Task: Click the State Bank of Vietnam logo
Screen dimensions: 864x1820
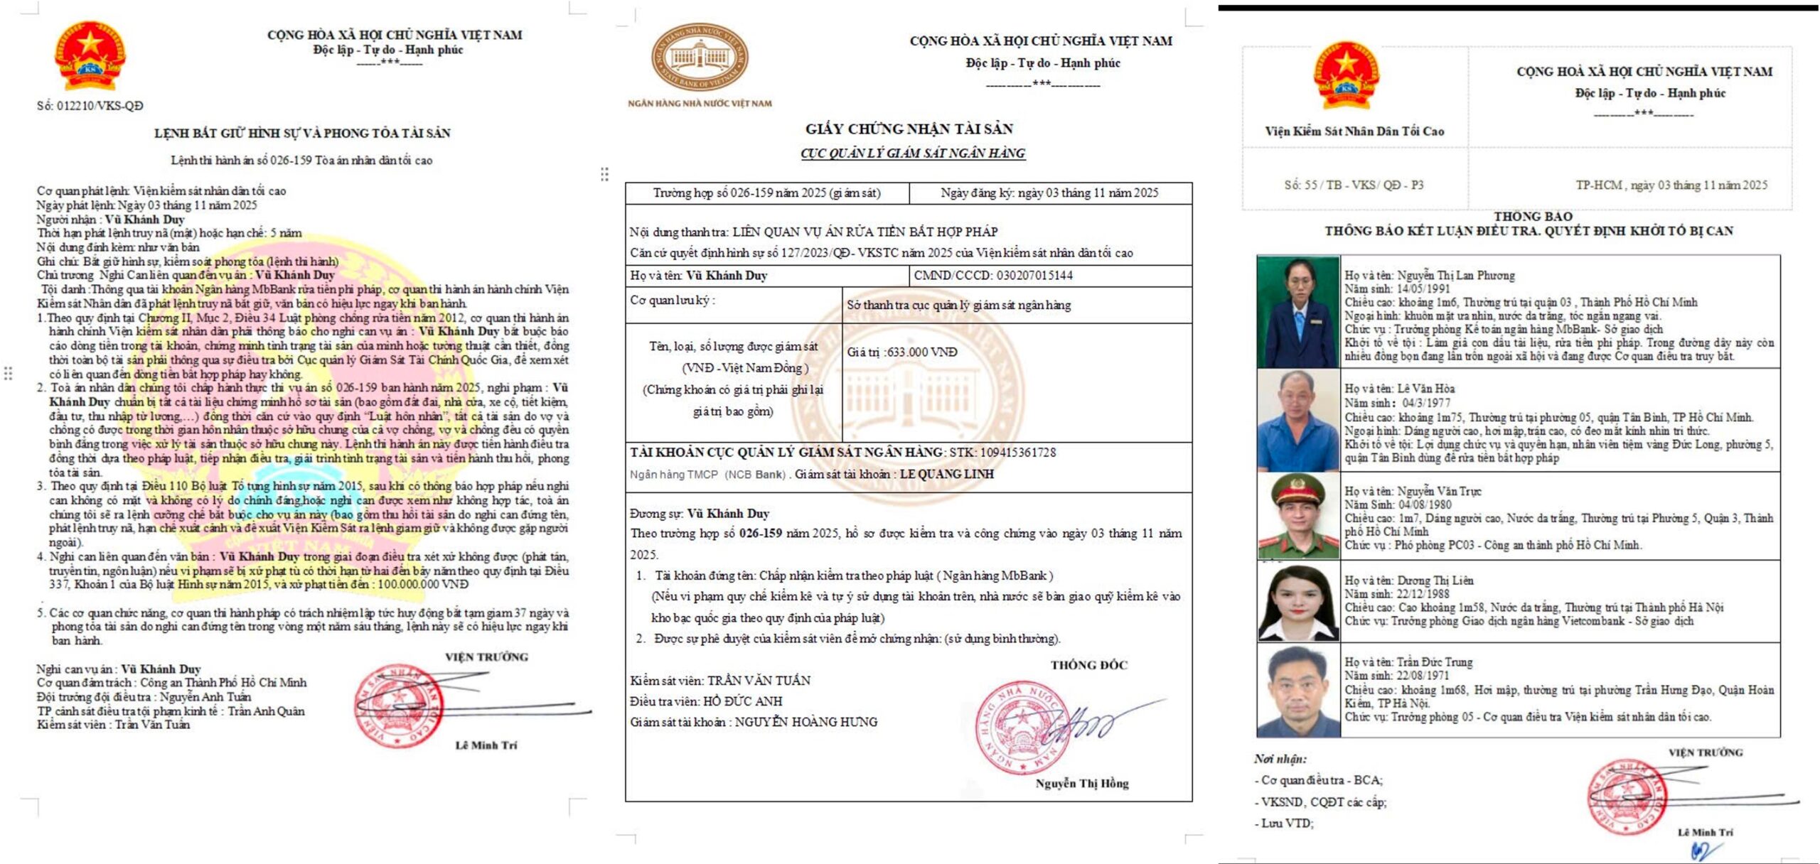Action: click(700, 57)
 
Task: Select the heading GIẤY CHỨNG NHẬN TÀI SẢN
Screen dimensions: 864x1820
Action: click(909, 129)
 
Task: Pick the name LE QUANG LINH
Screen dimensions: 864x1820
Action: click(946, 474)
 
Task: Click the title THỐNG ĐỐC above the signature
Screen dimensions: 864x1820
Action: click(1088, 665)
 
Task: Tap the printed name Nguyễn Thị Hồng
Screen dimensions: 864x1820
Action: click(1081, 783)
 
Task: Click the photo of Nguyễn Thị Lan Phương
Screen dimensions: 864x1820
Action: click(1297, 311)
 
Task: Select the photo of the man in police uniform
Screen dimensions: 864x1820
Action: click(1297, 516)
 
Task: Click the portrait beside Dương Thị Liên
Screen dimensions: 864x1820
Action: click(1297, 603)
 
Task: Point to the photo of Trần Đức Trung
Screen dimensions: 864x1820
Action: click(1297, 690)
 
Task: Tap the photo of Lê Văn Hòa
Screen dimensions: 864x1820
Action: click(1297, 420)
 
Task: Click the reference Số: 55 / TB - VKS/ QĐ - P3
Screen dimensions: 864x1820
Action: click(1354, 185)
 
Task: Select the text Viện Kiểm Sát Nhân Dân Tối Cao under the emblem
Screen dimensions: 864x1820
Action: click(1354, 131)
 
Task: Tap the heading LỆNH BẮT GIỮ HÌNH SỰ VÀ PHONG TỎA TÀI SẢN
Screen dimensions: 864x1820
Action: click(302, 133)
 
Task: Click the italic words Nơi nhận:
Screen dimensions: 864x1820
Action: click(1280, 759)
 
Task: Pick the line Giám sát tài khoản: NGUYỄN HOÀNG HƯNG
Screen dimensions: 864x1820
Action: click(754, 722)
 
